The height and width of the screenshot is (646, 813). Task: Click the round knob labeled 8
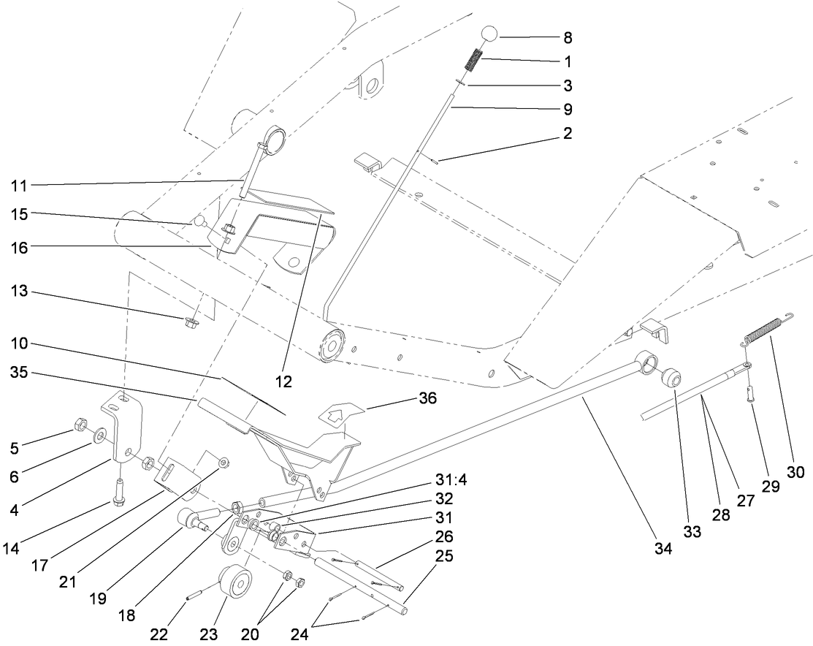[489, 35]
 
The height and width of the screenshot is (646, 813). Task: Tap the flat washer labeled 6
[100, 437]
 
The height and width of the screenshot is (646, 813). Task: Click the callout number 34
[662, 550]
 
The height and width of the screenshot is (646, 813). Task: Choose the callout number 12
[283, 381]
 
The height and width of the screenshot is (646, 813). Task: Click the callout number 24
[309, 634]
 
